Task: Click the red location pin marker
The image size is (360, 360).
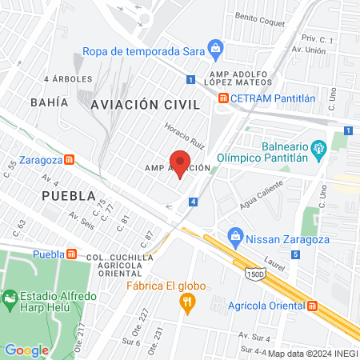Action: pyautogui.click(x=181, y=162)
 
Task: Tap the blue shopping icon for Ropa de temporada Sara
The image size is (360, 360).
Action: pyautogui.click(x=215, y=48)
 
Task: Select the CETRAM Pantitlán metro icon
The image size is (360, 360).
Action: pyautogui.click(x=222, y=98)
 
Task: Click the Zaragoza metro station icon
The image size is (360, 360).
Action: pyautogui.click(x=70, y=158)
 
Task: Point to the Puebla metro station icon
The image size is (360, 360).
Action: pyautogui.click(x=70, y=254)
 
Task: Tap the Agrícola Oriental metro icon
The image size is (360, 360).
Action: pyautogui.click(x=312, y=305)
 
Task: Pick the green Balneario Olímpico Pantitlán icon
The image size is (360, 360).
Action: pyautogui.click(x=318, y=146)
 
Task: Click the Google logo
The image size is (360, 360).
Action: pyautogui.click(x=26, y=350)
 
